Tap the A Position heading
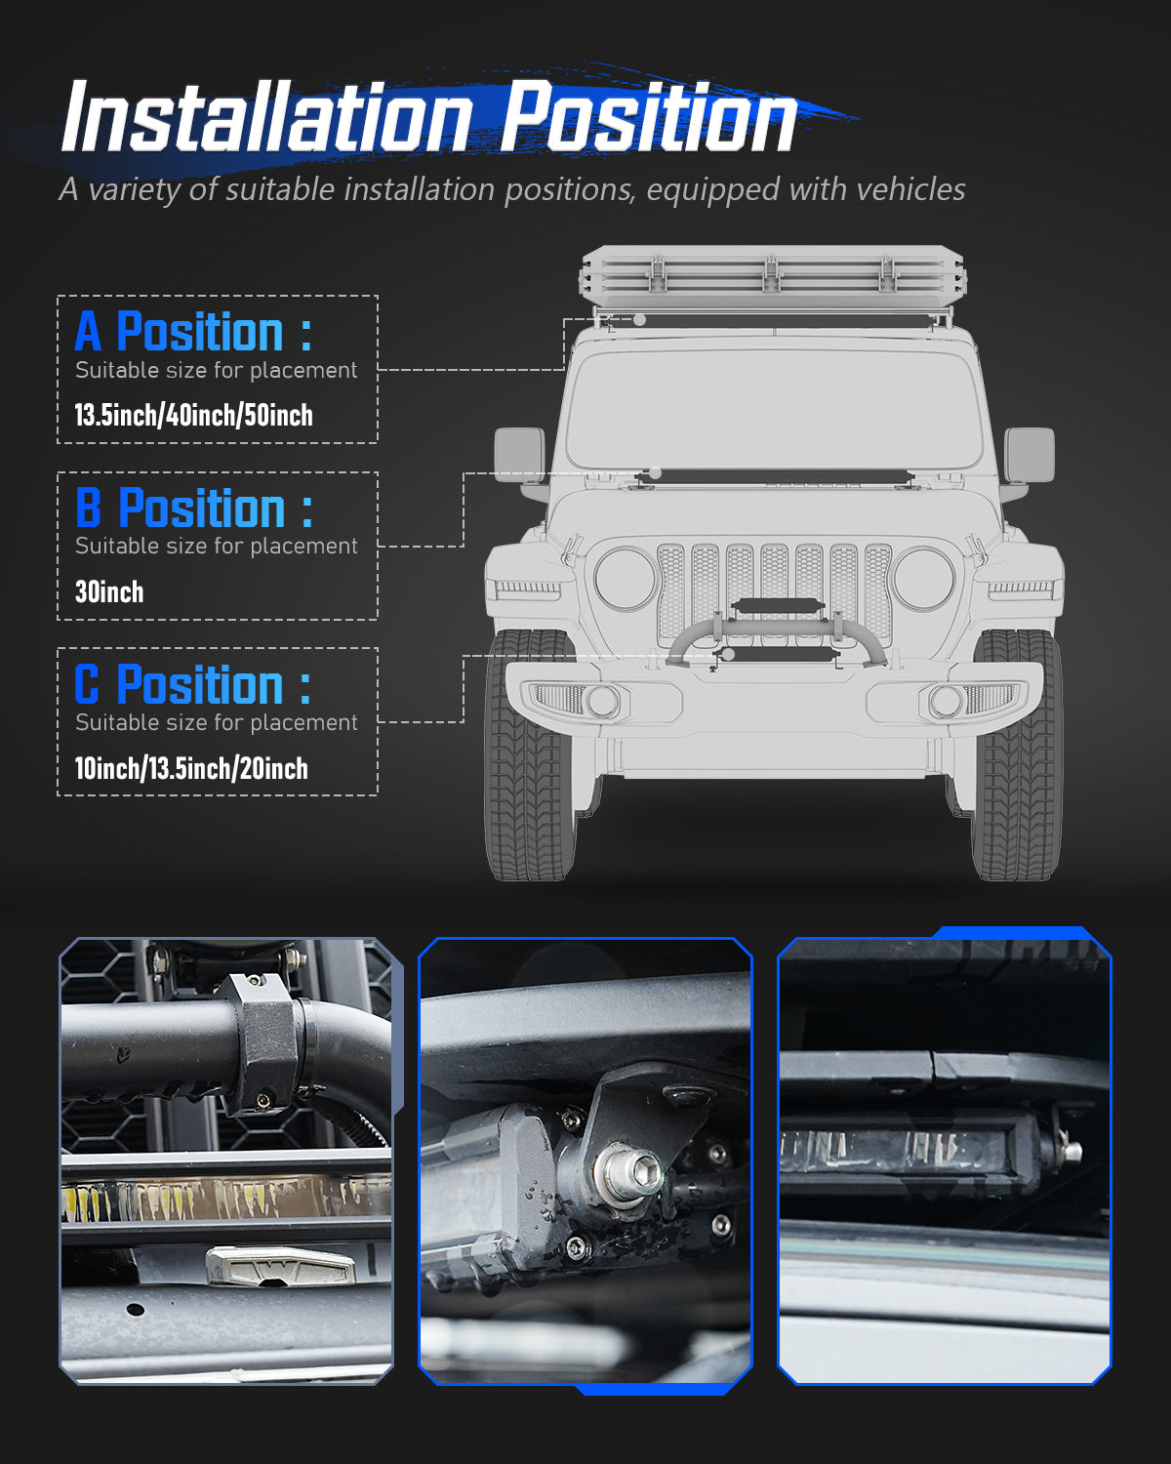pyautogui.click(x=193, y=332)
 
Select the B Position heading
pyautogui.click(x=194, y=508)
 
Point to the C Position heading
pyautogui.click(x=192, y=684)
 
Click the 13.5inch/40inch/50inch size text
pyautogui.click(x=193, y=415)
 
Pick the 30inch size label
pyautogui.click(x=109, y=591)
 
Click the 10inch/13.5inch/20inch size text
pyautogui.click(x=191, y=768)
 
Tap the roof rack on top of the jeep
pyautogui.click(x=771, y=273)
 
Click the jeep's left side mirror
pyautogui.click(x=519, y=455)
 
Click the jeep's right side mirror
pyautogui.click(x=1030, y=455)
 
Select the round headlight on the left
pyautogui.click(x=626, y=579)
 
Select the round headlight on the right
pyautogui.click(x=923, y=579)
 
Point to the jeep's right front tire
pyautogui.click(x=1016, y=756)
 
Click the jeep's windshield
pyautogui.click(x=774, y=410)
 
